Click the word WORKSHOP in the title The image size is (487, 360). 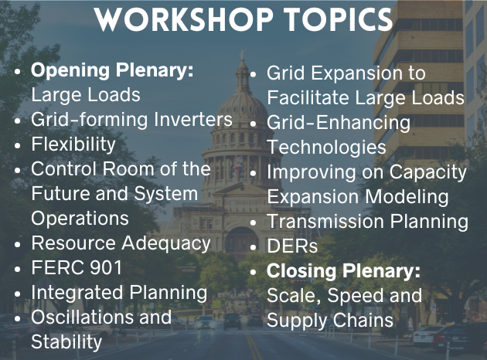tap(172, 21)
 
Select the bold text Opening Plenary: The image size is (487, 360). tap(112, 71)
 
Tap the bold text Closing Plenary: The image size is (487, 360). tap(343, 271)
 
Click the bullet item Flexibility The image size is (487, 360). tap(73, 144)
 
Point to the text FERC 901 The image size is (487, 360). tap(77, 268)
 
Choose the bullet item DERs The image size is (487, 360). tap(291, 246)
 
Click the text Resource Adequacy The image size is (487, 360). tap(121, 243)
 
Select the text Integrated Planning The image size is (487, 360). tap(119, 293)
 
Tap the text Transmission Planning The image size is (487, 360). tap(367, 222)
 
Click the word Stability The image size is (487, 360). tap(66, 341)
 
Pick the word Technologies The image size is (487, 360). tap(326, 147)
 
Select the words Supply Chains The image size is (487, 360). tap(330, 320)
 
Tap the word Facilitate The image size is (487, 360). tap(317, 98)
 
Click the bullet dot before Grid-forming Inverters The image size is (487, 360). tap(18, 121)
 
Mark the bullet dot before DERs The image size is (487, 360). tap(254, 248)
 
